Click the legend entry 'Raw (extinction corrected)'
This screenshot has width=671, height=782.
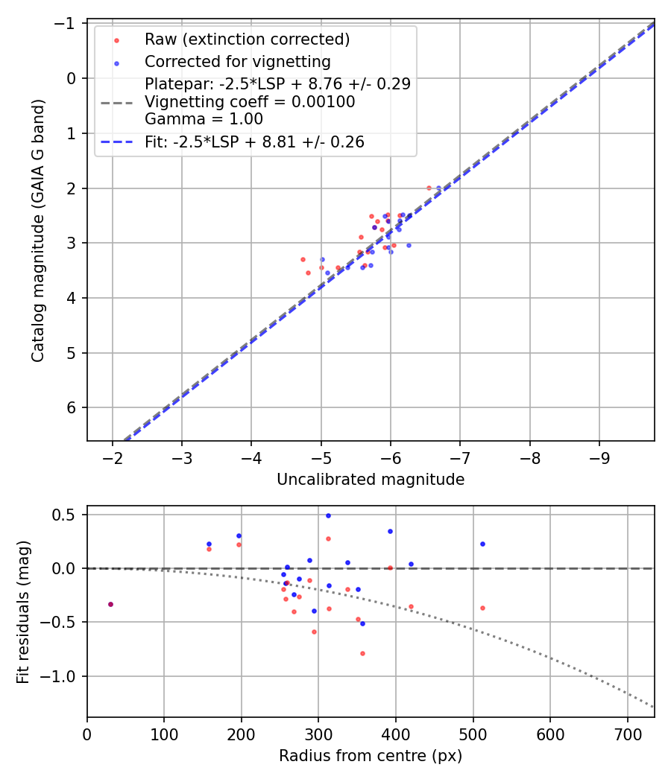(247, 39)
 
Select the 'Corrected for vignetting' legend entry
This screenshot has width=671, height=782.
(238, 61)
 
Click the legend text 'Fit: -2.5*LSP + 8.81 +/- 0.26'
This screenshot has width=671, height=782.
(254, 142)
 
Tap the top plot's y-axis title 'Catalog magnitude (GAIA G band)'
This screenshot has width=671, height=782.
(39, 231)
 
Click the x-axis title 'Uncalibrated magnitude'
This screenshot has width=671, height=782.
(371, 480)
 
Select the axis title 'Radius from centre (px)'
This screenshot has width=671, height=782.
(371, 756)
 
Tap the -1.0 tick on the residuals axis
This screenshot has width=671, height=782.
(66, 676)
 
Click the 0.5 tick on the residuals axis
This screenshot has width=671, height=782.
(69, 515)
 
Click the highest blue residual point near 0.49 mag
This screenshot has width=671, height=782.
(328, 515)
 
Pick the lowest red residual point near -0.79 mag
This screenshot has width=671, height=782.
(362, 653)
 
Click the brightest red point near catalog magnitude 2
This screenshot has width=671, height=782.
(429, 188)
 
